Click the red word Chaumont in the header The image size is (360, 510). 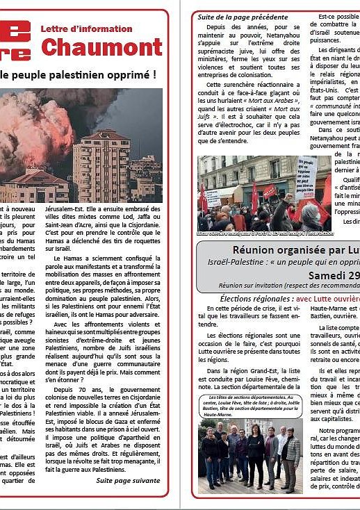point(101,47)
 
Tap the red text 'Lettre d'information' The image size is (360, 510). point(86,29)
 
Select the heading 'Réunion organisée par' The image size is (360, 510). point(285,250)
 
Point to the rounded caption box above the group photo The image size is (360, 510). point(252,406)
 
